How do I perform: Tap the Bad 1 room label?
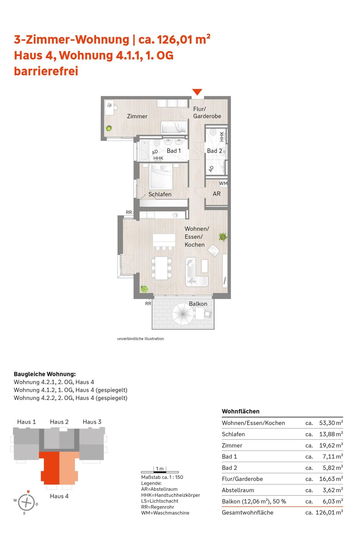[x=174, y=151]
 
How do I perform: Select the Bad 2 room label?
[x=214, y=151]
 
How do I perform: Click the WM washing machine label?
[x=223, y=183]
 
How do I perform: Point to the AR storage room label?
[x=217, y=194]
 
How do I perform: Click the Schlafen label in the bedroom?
[x=160, y=194]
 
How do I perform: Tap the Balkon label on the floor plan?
[x=198, y=304]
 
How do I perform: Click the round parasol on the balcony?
[x=183, y=314]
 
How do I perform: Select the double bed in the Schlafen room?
[x=161, y=176]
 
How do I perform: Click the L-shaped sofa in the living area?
[x=196, y=272]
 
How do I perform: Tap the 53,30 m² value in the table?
[x=331, y=423]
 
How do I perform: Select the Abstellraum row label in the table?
[x=238, y=490]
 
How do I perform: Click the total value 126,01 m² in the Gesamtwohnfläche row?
[x=329, y=512]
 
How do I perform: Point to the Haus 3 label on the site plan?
[x=92, y=422]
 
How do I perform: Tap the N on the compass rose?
[x=28, y=492]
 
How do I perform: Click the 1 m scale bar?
[x=159, y=471]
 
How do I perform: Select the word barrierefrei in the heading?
[x=46, y=71]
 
